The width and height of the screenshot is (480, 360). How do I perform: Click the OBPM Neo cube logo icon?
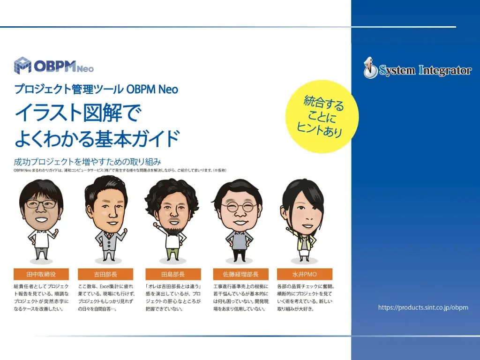click(22, 65)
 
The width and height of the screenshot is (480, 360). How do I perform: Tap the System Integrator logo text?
click(425, 70)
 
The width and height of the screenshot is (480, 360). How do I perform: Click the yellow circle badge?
click(322, 117)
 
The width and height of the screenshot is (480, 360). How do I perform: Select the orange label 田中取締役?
click(41, 274)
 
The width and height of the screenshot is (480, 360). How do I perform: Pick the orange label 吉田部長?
click(105, 274)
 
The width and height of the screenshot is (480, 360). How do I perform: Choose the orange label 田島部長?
click(173, 274)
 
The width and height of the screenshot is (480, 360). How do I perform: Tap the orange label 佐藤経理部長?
click(240, 274)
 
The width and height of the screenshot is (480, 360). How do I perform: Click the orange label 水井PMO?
click(305, 274)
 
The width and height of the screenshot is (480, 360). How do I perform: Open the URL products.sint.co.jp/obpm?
click(423, 307)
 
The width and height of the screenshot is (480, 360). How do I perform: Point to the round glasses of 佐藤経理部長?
click(239, 207)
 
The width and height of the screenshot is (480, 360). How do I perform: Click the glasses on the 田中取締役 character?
click(41, 204)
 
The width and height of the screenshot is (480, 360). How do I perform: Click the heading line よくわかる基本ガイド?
click(97, 138)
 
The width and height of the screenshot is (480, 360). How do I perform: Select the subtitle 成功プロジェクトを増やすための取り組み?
click(87, 162)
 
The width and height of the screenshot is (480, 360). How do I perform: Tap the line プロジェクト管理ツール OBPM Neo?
click(96, 89)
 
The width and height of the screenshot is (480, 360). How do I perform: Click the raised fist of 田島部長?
click(155, 225)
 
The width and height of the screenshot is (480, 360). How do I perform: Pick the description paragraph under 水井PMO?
click(306, 298)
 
